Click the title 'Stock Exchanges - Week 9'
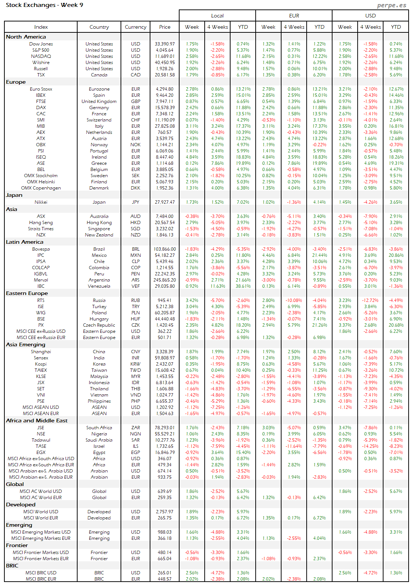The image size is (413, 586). point(44,5)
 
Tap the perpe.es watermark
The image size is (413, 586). point(392,5)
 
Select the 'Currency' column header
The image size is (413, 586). point(135,27)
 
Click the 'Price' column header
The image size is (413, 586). point(165,27)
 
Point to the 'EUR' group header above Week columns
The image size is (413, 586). point(294,16)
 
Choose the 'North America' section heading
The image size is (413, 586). point(26,37)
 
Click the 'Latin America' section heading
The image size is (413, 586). point(24,242)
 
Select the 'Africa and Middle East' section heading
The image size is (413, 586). point(37,420)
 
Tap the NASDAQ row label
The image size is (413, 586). point(41,56)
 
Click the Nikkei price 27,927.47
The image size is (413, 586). point(165,202)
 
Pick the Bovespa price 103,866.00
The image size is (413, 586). point(165,249)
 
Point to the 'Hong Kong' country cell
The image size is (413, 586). point(99,223)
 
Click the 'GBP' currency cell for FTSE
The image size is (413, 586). point(135,101)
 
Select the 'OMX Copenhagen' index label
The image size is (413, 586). point(41,188)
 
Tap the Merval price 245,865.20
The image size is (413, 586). point(165,280)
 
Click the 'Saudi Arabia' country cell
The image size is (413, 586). point(99,440)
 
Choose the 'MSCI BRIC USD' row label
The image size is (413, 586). point(41,573)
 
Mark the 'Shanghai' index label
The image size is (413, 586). point(41,352)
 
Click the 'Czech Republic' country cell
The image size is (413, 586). point(99,325)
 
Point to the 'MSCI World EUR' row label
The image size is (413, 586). point(41,518)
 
